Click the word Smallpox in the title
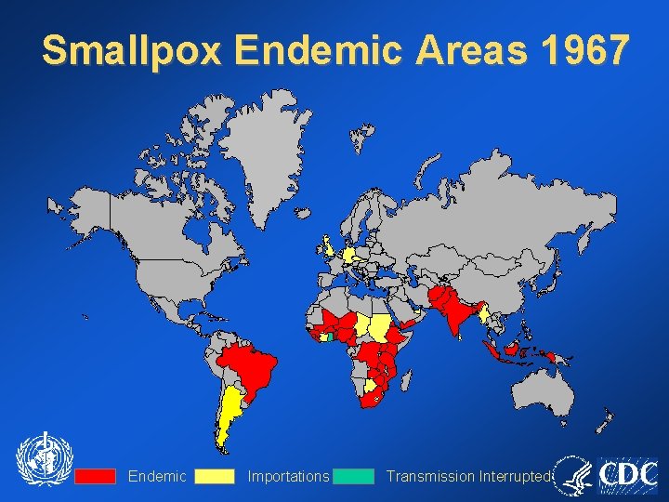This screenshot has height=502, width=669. (x=131, y=51)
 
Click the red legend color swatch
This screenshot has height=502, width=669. (x=96, y=476)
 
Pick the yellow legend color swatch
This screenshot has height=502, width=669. (x=215, y=476)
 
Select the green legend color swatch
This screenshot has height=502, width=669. (x=354, y=476)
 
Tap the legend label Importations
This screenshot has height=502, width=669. (x=288, y=476)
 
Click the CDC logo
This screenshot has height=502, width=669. (x=628, y=474)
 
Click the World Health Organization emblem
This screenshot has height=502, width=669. (x=43, y=460)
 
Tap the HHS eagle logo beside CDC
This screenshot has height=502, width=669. (x=573, y=474)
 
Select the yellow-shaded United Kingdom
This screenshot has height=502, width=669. (x=329, y=247)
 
